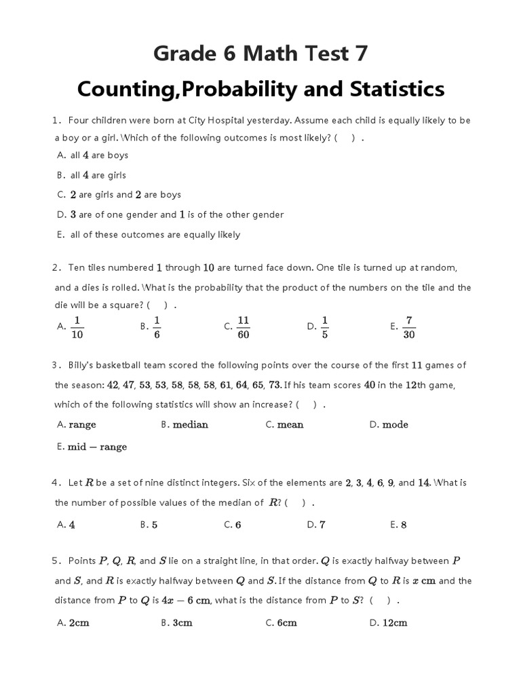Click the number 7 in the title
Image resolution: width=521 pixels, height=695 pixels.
(358, 53)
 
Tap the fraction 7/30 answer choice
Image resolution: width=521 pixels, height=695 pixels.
(409, 326)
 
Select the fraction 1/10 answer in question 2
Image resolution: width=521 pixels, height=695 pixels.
(77, 326)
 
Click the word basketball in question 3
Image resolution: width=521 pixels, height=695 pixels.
(120, 365)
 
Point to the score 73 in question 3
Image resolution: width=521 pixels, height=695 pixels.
(275, 385)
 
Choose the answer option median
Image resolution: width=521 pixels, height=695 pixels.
(190, 425)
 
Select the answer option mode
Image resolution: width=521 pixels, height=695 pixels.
(395, 425)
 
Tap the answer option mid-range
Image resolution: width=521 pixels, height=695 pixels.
(97, 447)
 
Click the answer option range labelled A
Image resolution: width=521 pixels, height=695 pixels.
(81, 425)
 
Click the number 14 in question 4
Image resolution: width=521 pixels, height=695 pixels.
(424, 483)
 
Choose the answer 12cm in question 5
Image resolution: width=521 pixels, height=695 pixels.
(394, 622)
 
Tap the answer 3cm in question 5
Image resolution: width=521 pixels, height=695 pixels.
(182, 622)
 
